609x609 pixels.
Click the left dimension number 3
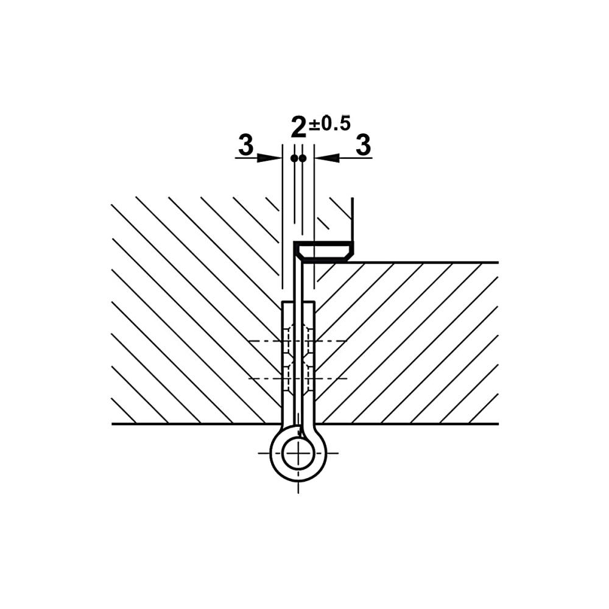(x=246, y=145)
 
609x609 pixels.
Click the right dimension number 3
(x=363, y=145)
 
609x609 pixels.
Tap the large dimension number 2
(x=298, y=128)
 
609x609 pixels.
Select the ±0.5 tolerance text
(x=329, y=123)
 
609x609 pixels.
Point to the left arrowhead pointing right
(x=269, y=158)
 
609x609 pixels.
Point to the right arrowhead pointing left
(x=327, y=158)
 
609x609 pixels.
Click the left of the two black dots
(x=294, y=158)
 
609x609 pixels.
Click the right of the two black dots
(x=303, y=158)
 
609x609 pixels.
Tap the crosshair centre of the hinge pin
(x=298, y=453)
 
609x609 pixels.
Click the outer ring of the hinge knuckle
(x=271, y=453)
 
